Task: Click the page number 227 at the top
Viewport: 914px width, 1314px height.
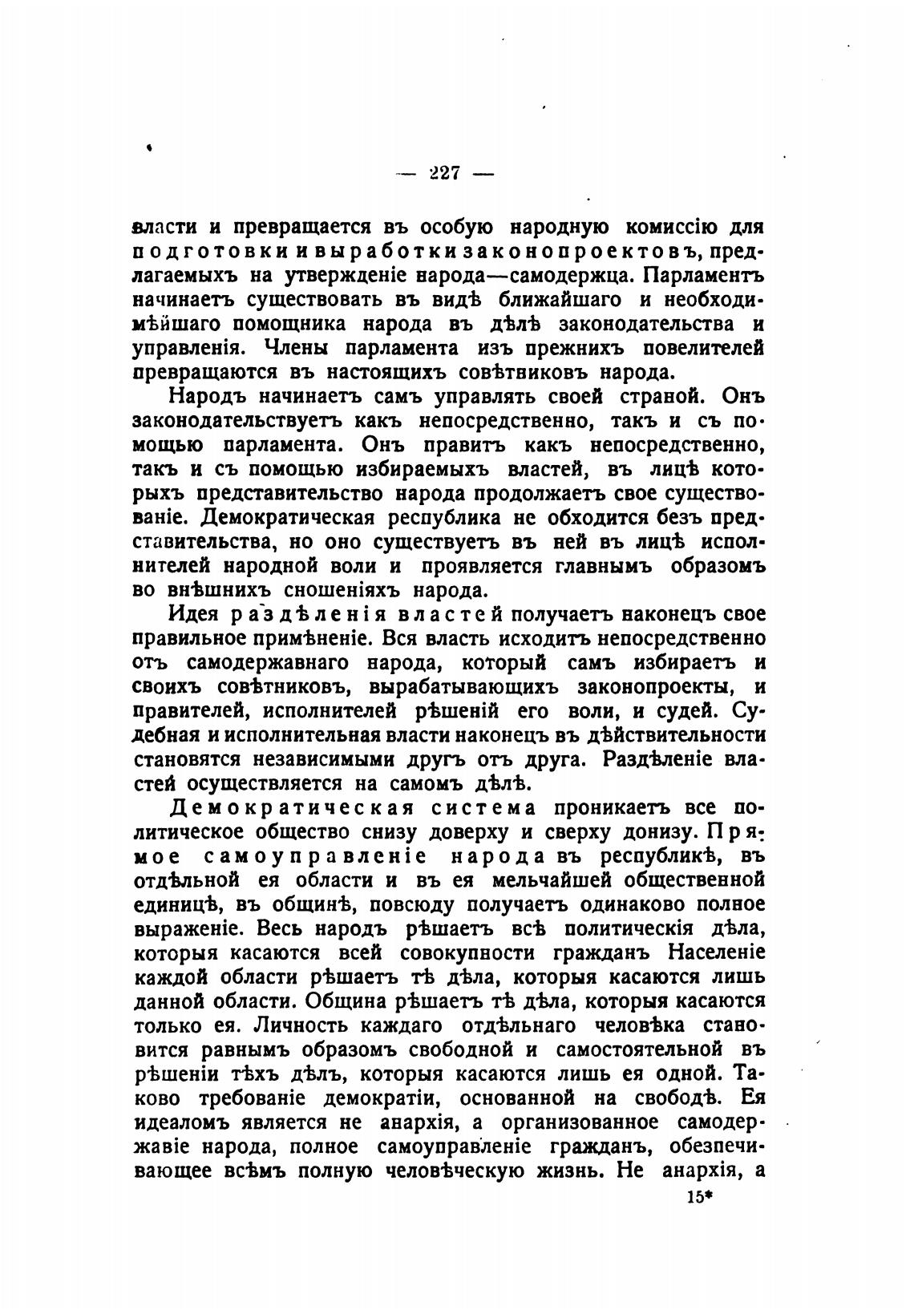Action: point(443,174)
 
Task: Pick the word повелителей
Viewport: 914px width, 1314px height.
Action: point(698,349)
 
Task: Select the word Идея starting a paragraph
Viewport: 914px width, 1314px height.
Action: point(196,615)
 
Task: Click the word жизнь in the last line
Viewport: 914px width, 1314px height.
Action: point(569,1170)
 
